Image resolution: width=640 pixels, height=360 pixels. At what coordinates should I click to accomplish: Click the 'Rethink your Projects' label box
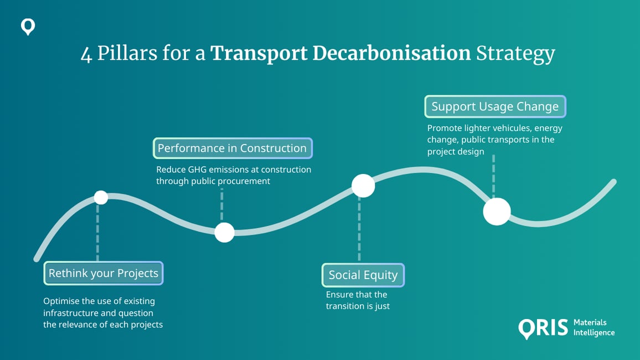pos(104,273)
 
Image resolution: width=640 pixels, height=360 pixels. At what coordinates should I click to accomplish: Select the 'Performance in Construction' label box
pos(233,148)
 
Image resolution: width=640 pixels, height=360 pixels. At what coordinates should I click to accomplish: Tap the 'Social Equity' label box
pos(363,275)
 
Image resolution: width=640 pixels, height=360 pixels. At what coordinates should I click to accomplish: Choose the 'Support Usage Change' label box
pos(495,106)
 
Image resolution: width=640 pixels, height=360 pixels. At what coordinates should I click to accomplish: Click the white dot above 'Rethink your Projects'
pos(101,197)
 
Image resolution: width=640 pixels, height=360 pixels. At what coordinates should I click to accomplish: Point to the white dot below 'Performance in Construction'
pos(224,233)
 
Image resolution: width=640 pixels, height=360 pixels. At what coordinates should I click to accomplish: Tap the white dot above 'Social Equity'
pos(363,186)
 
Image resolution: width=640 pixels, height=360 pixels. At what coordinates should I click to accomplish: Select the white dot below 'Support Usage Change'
pos(497,212)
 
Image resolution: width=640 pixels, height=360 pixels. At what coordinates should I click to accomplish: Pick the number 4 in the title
pos(86,55)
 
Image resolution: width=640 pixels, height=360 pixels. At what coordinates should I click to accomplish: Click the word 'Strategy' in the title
pos(515,55)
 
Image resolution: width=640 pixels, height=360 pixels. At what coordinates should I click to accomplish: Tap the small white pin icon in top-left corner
pos(28,27)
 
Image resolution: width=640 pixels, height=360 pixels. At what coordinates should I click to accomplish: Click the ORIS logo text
pos(543,327)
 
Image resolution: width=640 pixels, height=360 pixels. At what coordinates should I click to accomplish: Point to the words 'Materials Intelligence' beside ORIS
pos(593,327)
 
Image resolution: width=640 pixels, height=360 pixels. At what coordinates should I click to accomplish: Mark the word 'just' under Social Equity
pos(381,306)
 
